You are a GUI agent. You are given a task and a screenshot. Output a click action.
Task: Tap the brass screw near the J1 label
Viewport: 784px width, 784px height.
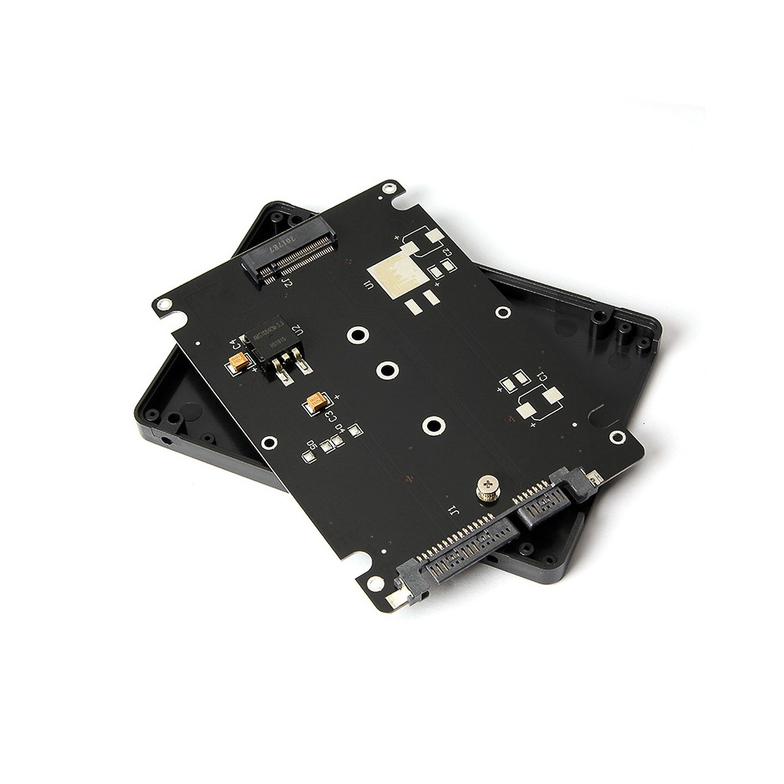click(x=488, y=490)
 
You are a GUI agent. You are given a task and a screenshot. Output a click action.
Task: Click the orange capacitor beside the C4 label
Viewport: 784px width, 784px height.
click(x=238, y=361)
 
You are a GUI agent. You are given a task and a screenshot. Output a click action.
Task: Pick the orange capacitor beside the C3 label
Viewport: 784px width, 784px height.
click(x=318, y=401)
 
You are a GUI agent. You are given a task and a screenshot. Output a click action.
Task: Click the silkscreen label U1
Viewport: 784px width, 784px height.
click(x=372, y=285)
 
